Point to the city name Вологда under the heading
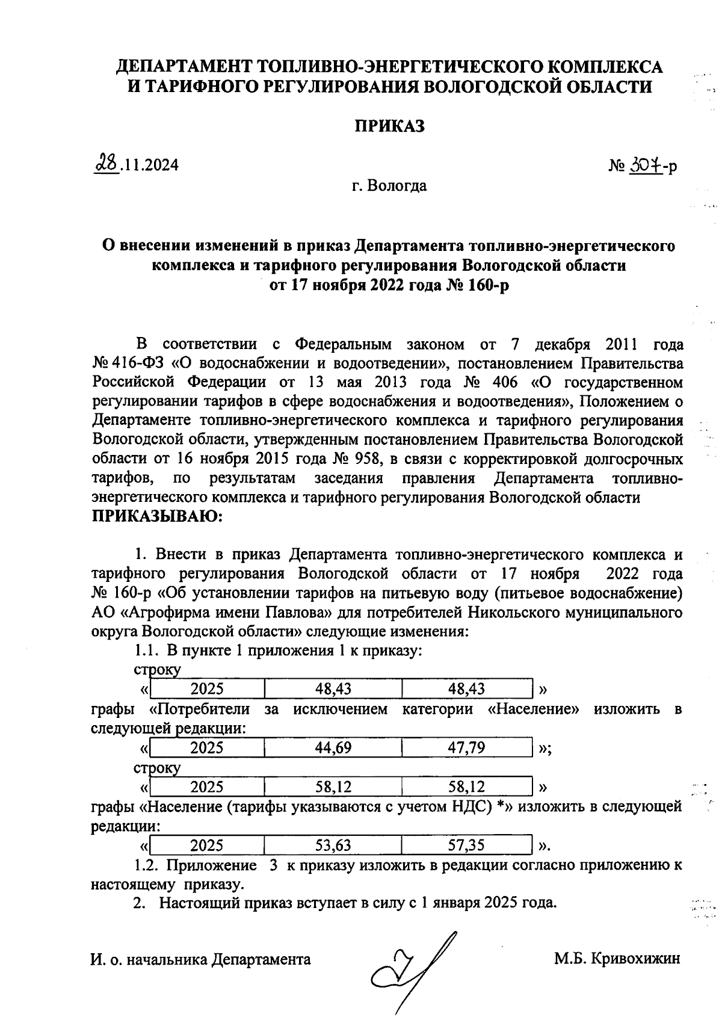pyautogui.click(x=398, y=186)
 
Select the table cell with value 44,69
pyautogui.click(x=333, y=747)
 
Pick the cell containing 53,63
pyautogui.click(x=333, y=845)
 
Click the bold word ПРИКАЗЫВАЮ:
pyautogui.click(x=156, y=516)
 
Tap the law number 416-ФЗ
pyautogui.click(x=139, y=363)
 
